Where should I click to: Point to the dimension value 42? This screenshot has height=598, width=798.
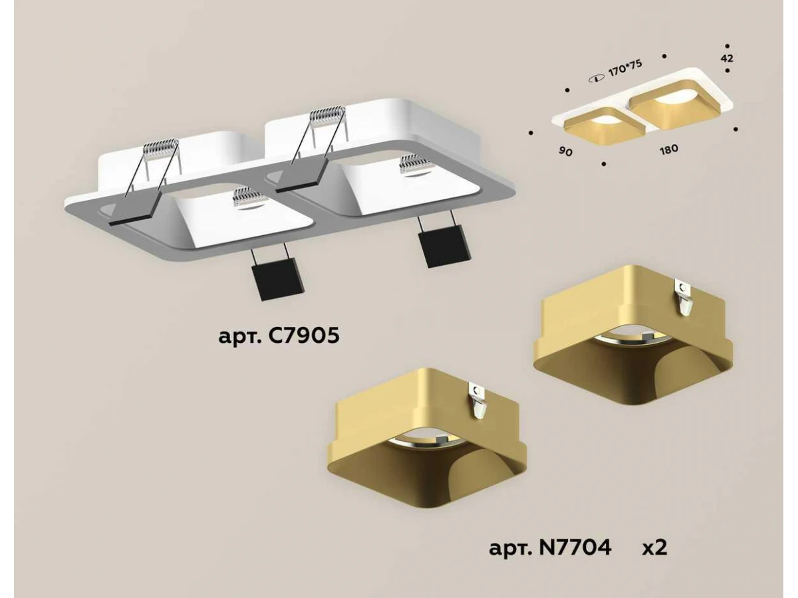pos(726,58)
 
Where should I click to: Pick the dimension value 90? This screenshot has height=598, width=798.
pos(565,151)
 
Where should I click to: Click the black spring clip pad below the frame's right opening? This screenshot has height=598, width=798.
pos(442,246)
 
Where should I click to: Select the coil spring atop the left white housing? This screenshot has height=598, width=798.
pos(161,148)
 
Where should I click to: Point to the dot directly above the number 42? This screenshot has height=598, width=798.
pos(727,46)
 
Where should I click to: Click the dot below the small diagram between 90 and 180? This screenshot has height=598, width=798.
pos(604,163)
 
